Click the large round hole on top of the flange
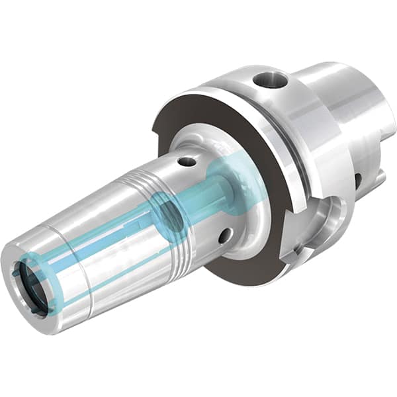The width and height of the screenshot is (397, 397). pyautogui.click(x=269, y=81)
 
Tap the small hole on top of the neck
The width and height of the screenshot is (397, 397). pyautogui.click(x=187, y=161)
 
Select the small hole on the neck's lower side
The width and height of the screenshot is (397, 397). pyautogui.click(x=226, y=235)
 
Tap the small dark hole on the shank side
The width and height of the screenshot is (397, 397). pyautogui.click(x=358, y=181)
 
